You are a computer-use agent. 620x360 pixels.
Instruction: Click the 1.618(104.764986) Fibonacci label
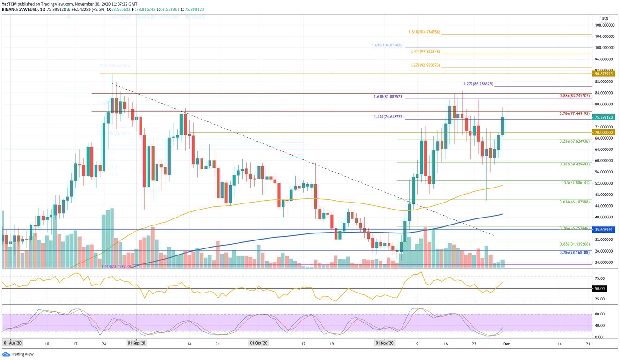pos(424,32)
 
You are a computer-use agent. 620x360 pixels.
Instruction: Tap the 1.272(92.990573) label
pos(424,65)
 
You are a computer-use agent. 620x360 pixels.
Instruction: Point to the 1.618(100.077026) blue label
pos(387,45)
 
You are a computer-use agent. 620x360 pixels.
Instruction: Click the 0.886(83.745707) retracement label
pos(575,96)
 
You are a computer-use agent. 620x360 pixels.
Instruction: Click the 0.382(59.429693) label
pos(575,165)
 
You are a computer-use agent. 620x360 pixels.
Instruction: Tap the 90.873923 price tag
pos(604,74)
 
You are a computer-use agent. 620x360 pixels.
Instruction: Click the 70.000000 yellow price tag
pos(604,133)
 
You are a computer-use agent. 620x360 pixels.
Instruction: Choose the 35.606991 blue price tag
pos(604,230)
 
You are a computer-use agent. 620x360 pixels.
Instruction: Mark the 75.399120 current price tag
pos(604,117)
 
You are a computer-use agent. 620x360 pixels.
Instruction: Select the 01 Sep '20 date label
pos(137,344)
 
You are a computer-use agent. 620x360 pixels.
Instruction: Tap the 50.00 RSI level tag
pos(599,289)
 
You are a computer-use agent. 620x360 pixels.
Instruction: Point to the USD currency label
pos(605,19)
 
